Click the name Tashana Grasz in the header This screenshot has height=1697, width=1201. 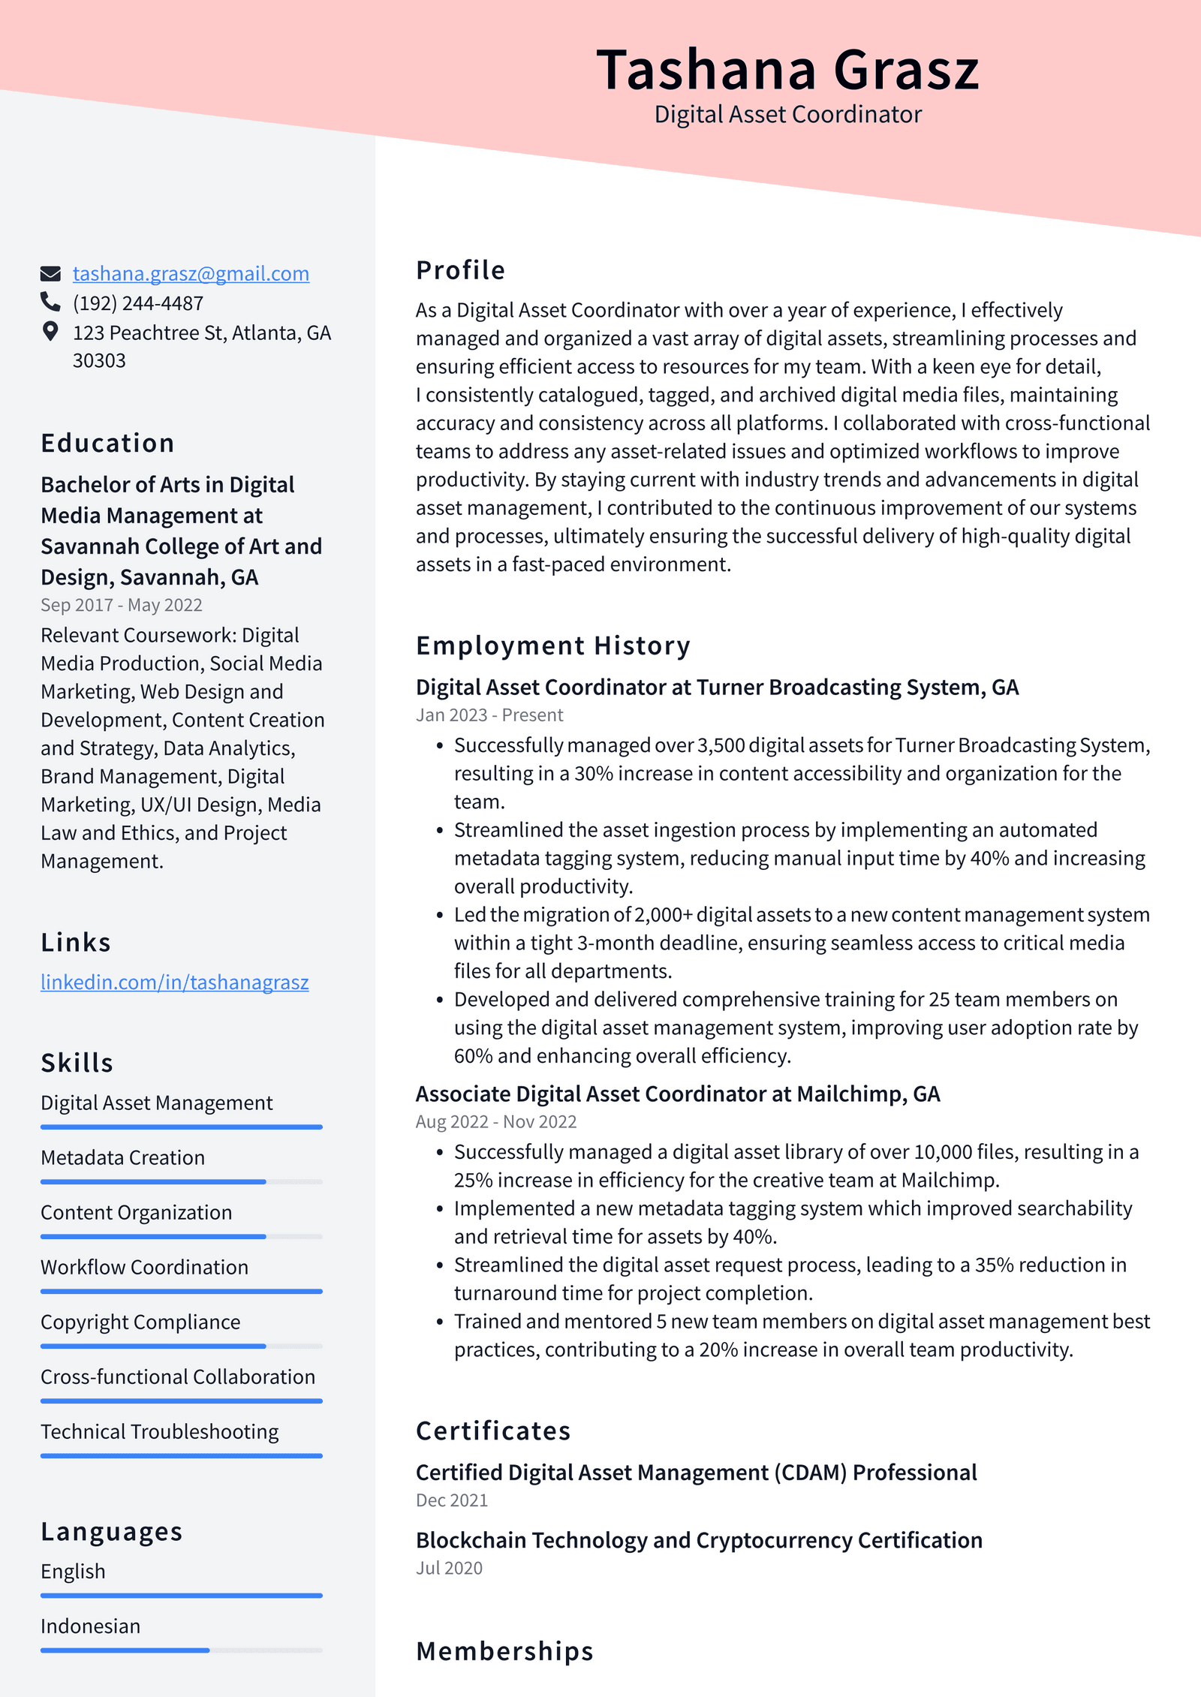pyautogui.click(x=787, y=70)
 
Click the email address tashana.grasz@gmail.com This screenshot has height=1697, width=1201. pyautogui.click(x=191, y=274)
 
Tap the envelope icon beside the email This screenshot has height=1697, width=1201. pyautogui.click(x=50, y=273)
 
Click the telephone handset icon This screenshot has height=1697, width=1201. pyautogui.click(x=50, y=302)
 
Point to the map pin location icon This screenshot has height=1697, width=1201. pyautogui.click(x=50, y=332)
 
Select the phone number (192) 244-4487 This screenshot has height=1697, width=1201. pyautogui.click(x=138, y=303)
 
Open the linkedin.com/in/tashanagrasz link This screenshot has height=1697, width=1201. pyautogui.click(x=174, y=982)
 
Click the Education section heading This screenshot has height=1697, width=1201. pyautogui.click(x=107, y=443)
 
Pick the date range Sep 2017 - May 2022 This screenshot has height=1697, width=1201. pyautogui.click(x=122, y=605)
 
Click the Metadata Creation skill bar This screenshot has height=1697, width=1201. pyautogui.click(x=181, y=1181)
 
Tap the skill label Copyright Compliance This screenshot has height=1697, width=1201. pyautogui.click(x=140, y=1322)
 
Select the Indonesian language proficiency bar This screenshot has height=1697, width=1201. pyautogui.click(x=181, y=1650)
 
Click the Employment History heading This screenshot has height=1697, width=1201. pyautogui.click(x=553, y=645)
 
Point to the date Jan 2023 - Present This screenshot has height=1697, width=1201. pyautogui.click(x=489, y=715)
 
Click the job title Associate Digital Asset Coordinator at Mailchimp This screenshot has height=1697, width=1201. pyautogui.click(x=677, y=1094)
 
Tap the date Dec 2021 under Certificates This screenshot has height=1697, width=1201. pyautogui.click(x=452, y=1500)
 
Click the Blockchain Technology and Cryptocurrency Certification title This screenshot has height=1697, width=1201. pyautogui.click(x=699, y=1540)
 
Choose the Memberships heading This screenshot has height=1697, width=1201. pyautogui.click(x=504, y=1651)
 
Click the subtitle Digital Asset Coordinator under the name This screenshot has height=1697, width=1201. pyautogui.click(x=787, y=114)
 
